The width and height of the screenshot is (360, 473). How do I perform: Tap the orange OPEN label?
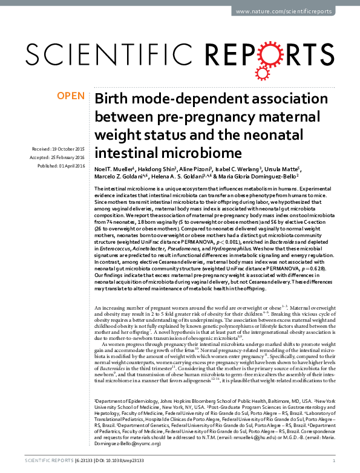point(71,96)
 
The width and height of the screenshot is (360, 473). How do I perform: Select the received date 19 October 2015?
point(68,149)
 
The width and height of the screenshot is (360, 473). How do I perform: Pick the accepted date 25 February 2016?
point(68,157)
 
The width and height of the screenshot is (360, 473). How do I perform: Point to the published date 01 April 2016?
point(68,165)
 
